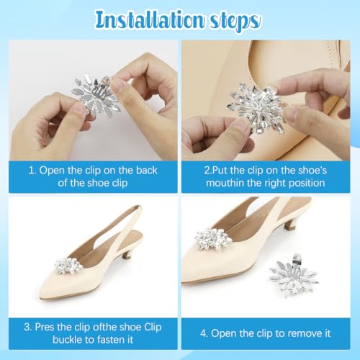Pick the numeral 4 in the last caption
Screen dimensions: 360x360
pyautogui.click(x=203, y=333)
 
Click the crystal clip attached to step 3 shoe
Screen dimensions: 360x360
pyautogui.click(x=68, y=266)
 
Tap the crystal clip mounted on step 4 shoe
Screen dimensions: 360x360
pyautogui.click(x=213, y=239)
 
